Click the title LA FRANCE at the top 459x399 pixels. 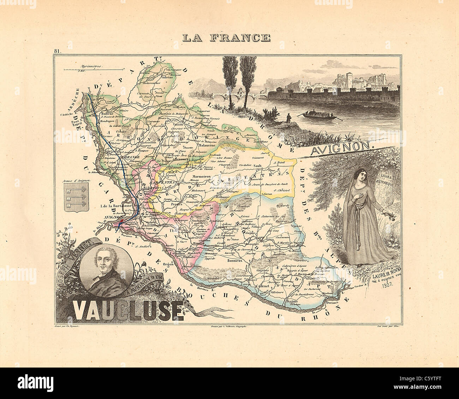pos(226,37)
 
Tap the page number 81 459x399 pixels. pos(57,52)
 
